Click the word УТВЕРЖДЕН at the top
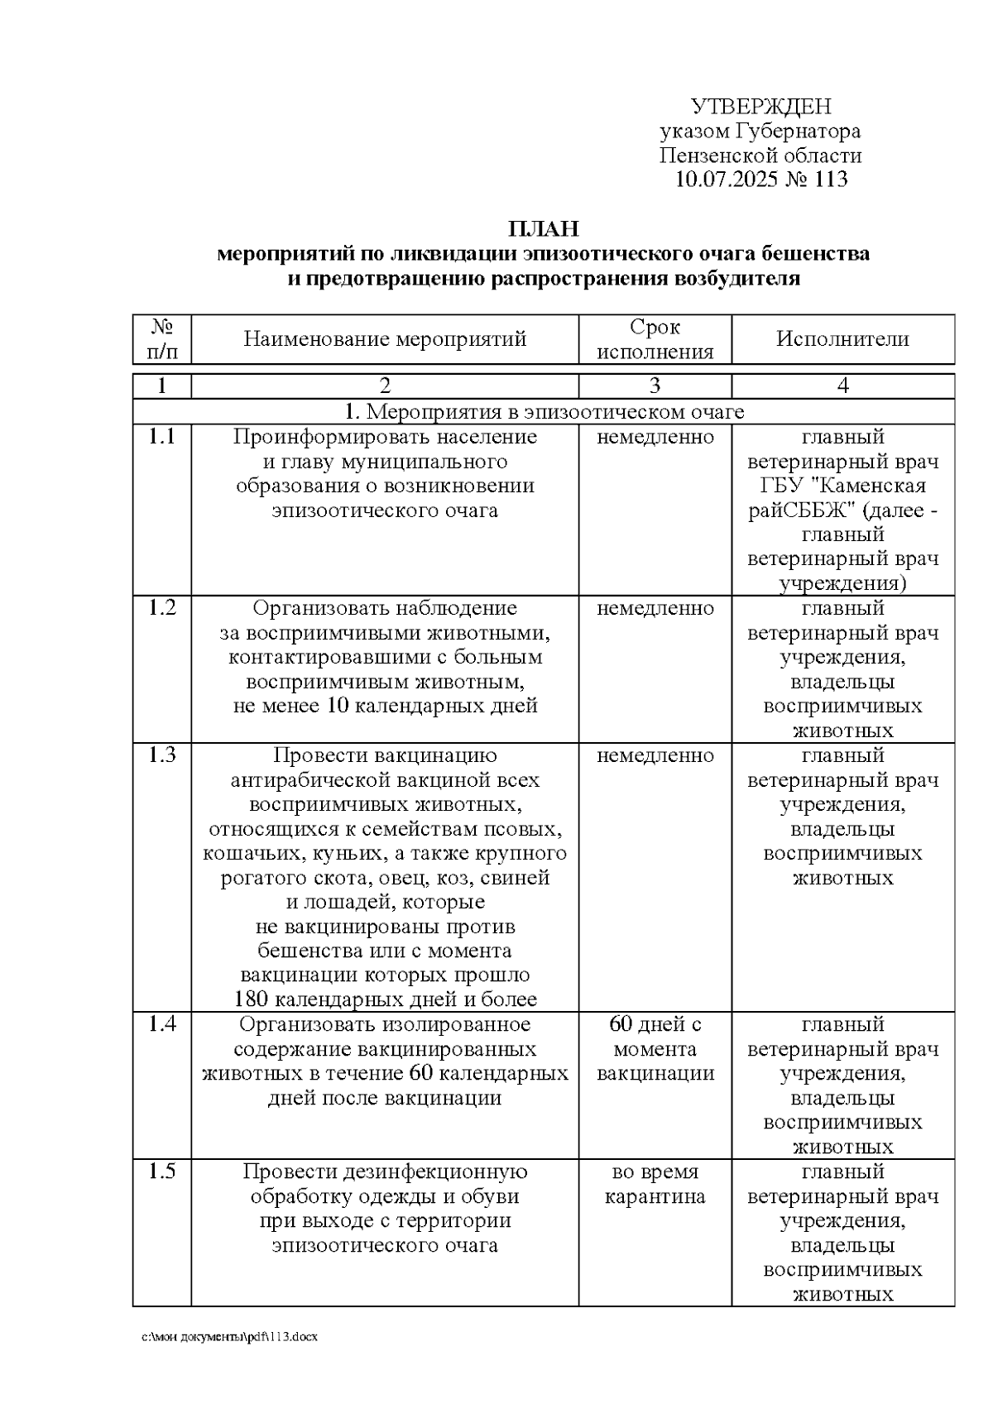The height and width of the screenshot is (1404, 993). coord(760,107)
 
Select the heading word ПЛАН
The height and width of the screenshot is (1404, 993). coord(543,229)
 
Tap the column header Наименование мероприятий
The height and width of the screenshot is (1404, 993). coord(385,339)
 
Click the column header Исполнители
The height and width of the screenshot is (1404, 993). coord(842,339)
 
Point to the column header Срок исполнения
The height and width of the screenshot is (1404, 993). coord(655,339)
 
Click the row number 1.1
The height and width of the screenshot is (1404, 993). coord(162,437)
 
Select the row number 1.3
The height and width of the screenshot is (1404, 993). coord(162,755)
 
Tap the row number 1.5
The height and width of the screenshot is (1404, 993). coord(162,1172)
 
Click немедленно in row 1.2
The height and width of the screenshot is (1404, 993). coord(655,609)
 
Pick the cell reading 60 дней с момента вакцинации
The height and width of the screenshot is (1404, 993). coord(655,1049)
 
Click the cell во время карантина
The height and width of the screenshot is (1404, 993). coord(655,1184)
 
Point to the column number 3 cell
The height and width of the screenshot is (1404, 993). coord(655,386)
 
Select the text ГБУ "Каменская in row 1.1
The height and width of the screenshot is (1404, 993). coord(842,486)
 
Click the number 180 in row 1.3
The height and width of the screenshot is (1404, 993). coord(251,999)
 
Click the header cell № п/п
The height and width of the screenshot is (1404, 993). coord(162,339)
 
